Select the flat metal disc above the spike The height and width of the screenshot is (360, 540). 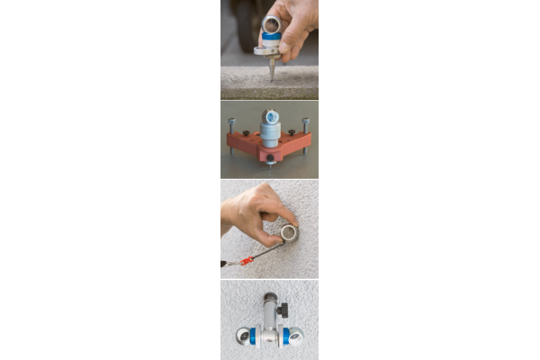click(269, 51)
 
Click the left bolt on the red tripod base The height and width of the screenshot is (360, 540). click(232, 125)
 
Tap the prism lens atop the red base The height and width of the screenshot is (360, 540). click(270, 115)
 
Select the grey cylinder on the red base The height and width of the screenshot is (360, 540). click(270, 135)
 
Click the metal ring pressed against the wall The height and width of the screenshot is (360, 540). click(288, 233)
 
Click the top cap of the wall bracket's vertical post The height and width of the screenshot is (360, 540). click(269, 296)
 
